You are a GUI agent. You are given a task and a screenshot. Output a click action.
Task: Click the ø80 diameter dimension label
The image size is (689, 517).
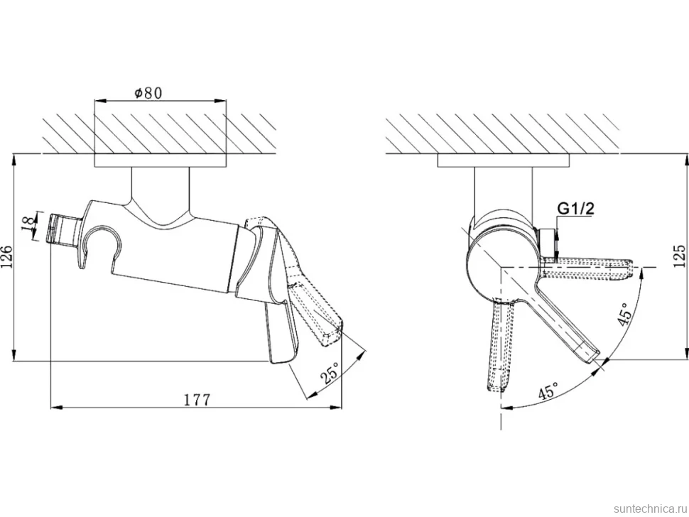point(148,93)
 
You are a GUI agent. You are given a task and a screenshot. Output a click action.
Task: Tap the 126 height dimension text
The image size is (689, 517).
point(8,257)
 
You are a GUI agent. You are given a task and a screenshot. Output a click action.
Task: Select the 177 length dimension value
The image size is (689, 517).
point(197,400)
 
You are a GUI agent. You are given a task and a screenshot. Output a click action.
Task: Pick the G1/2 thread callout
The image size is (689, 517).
point(575,208)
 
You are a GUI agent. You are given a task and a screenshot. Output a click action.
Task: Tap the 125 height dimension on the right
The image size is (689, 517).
point(679,256)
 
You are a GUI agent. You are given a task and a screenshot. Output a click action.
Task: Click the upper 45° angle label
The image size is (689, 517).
point(624,314)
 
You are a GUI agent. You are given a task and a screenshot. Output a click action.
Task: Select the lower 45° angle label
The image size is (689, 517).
point(548,390)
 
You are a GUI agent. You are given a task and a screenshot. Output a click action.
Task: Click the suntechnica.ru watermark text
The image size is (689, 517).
point(650,508)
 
